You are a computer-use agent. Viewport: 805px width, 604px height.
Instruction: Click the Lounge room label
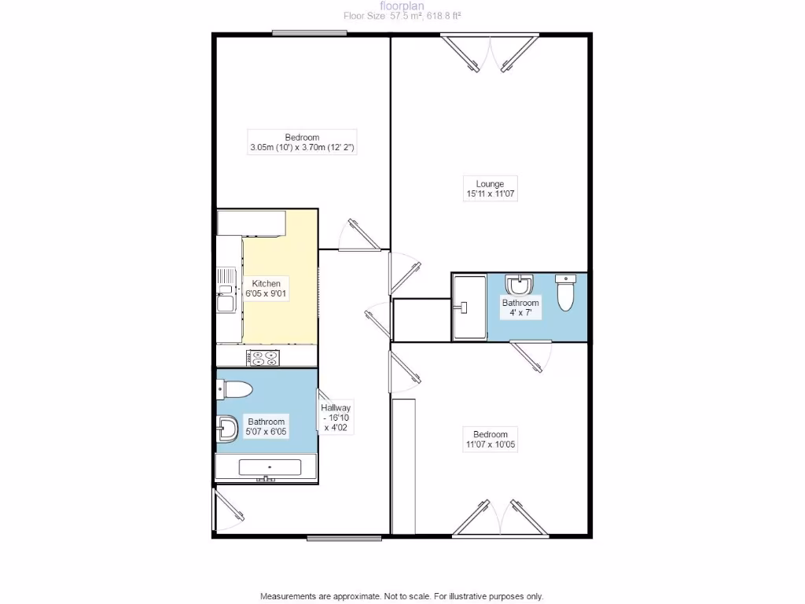491,184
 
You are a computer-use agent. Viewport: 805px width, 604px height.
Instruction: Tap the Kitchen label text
266,283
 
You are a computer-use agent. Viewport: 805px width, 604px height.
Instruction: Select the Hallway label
335,407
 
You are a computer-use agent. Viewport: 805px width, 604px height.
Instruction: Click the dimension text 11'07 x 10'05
490,445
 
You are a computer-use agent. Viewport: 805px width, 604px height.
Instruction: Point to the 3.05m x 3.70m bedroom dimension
303,147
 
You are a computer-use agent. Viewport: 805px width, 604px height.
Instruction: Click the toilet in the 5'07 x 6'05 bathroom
234,389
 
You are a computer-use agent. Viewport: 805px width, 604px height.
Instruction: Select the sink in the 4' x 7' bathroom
518,284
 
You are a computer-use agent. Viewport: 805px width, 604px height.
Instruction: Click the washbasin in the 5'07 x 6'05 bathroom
228,429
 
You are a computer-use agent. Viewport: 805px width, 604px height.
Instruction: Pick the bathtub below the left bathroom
267,468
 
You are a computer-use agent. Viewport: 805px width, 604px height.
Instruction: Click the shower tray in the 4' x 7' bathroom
469,306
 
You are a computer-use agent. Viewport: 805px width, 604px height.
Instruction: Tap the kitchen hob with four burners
263,358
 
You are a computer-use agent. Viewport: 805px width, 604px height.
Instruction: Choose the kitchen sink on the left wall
226,289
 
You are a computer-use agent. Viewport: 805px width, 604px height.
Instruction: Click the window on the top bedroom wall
310,33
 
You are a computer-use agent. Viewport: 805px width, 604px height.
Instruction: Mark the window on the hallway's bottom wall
344,538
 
